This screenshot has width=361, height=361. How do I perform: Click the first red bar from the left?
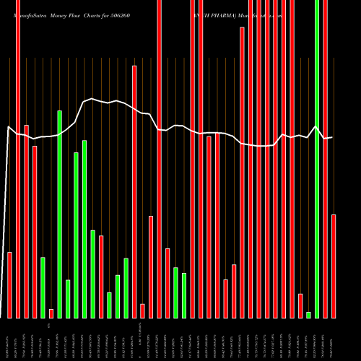pos(9,284)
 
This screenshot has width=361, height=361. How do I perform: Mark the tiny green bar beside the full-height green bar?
pos(308,314)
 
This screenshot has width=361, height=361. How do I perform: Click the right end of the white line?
pos(331,137)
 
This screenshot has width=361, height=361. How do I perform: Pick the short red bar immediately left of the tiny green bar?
pos(300,305)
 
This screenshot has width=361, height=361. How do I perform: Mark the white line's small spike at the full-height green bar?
pos(316,126)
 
